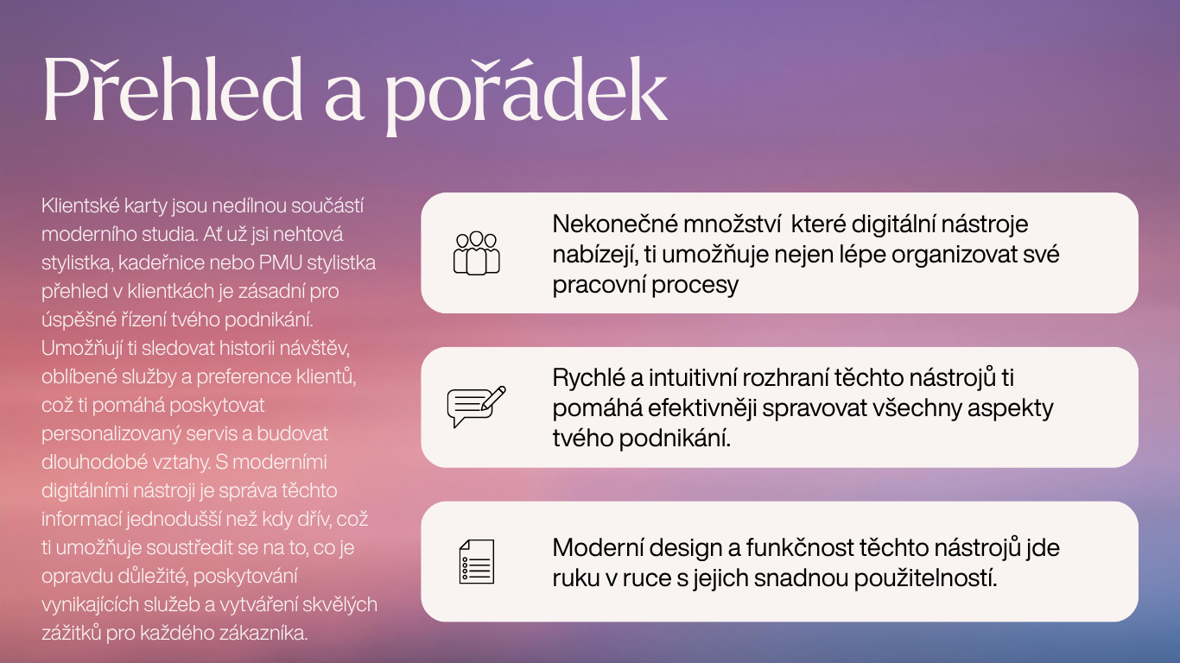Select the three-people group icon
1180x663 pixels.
coord(476,253)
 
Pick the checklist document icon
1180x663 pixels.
coord(476,561)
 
